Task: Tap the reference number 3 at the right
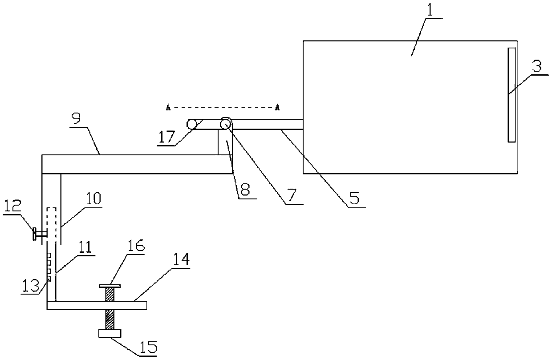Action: (537, 67)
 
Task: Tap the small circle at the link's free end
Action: (192, 124)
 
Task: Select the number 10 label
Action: (93, 198)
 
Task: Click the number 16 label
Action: (136, 245)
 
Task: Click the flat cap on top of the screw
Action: (110, 286)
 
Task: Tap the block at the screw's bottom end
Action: (110, 334)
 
